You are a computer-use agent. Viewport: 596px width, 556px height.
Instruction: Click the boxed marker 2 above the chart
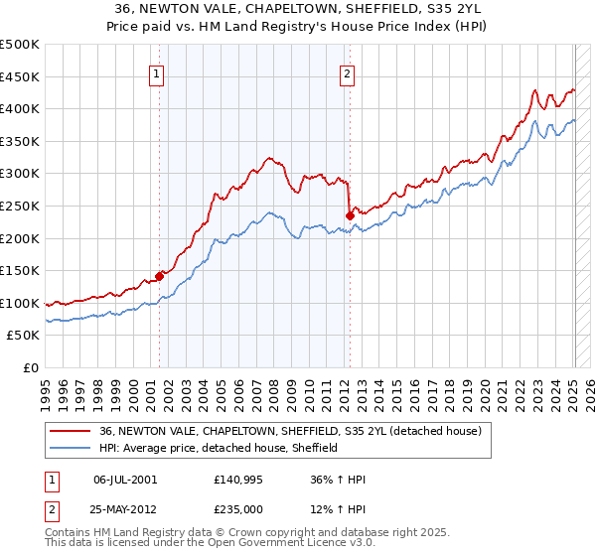pyautogui.click(x=348, y=71)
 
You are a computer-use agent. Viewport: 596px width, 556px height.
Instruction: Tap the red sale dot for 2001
pyautogui.click(x=159, y=276)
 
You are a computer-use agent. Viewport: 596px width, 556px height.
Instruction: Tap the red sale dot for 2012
pyautogui.click(x=350, y=215)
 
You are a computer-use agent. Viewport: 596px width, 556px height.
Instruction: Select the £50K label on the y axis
pyautogui.click(x=24, y=336)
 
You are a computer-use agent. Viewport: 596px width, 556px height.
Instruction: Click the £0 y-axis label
pyautogui.click(x=32, y=368)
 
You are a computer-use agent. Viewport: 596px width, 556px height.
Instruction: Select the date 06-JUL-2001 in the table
pyautogui.click(x=125, y=479)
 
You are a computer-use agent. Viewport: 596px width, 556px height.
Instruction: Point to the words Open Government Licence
pyautogui.click(x=237, y=544)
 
